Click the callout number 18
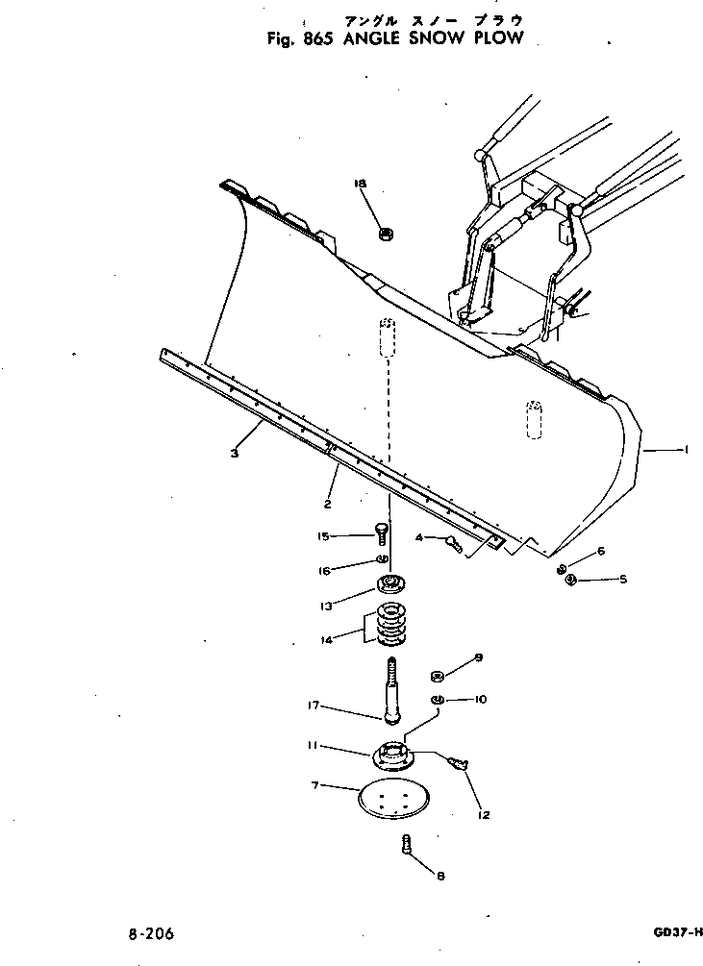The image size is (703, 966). click(362, 184)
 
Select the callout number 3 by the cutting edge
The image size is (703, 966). click(235, 454)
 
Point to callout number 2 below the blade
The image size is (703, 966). click(328, 504)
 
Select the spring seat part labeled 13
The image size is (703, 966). click(392, 583)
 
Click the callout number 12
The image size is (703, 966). click(483, 815)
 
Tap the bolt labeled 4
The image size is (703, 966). click(454, 544)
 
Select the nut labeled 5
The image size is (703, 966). click(570, 580)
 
